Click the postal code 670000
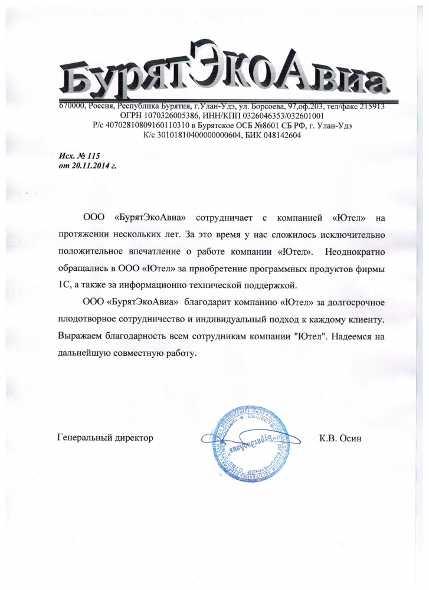pyautogui.click(x=73, y=107)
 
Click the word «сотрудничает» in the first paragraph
pyautogui.click(x=234, y=219)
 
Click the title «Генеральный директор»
pyautogui.click(x=105, y=438)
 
